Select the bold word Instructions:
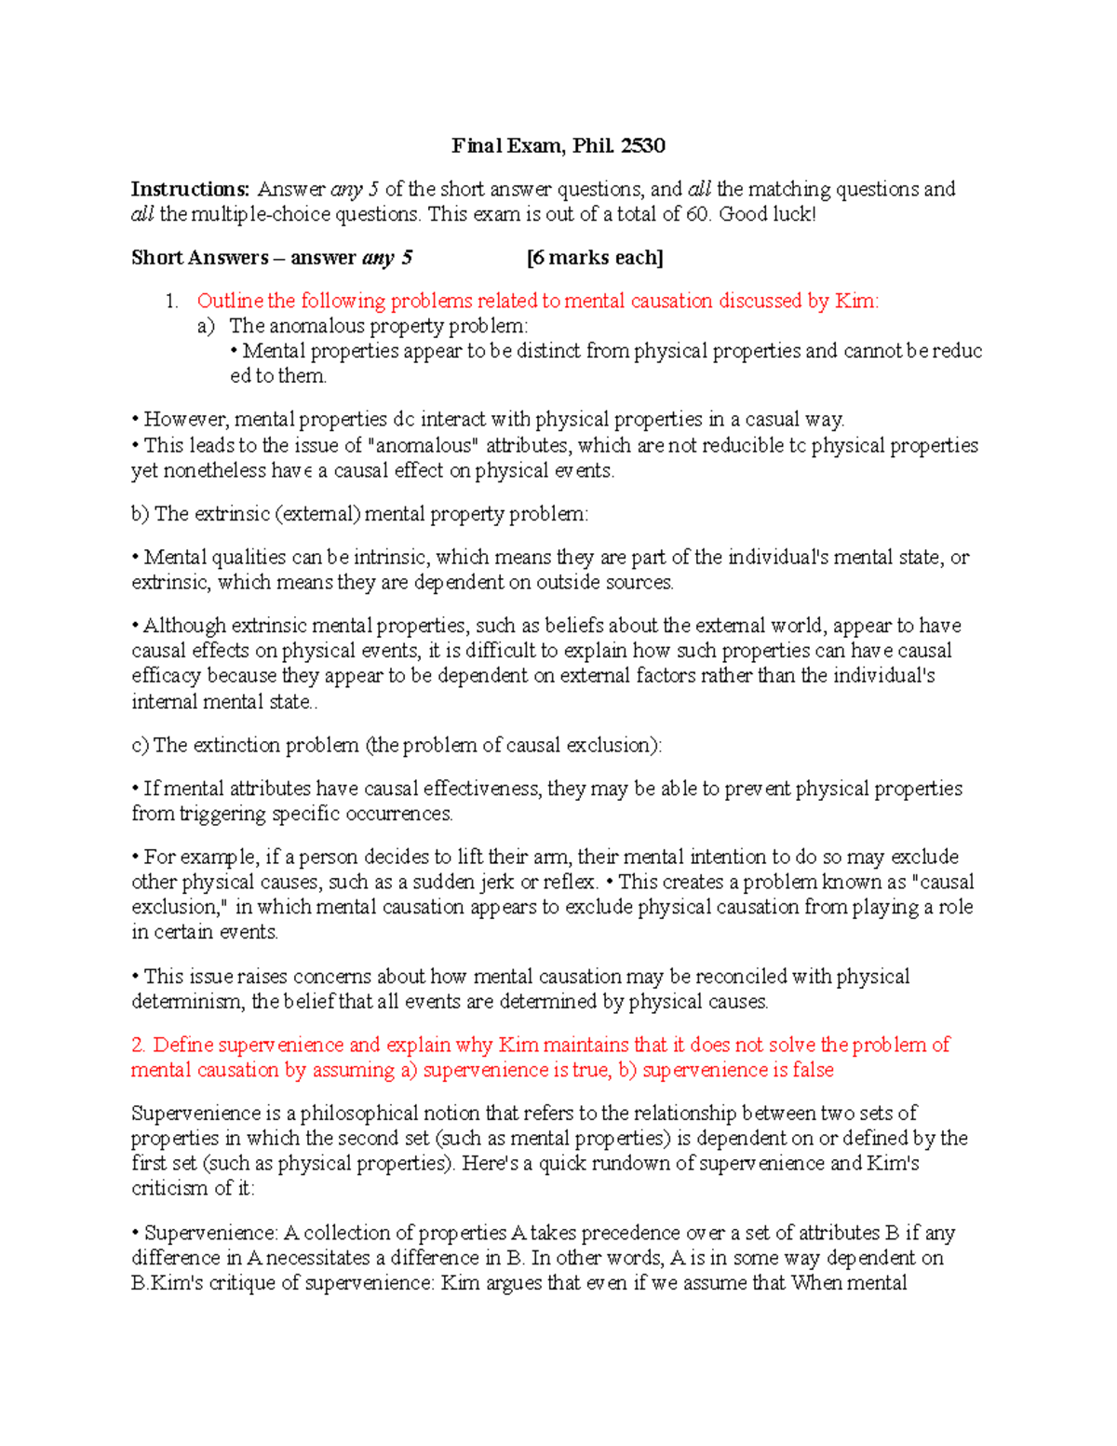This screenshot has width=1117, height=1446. [x=190, y=189]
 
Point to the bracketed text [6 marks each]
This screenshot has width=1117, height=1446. [x=595, y=258]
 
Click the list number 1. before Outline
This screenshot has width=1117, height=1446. [x=170, y=301]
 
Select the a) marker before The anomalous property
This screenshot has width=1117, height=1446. [x=206, y=326]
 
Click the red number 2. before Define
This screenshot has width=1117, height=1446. [x=140, y=1045]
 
